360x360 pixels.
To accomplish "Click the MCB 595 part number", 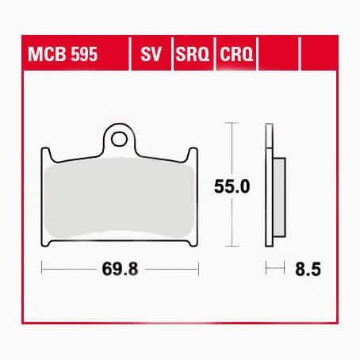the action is [63, 54].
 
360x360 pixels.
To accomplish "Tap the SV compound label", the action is [151, 54].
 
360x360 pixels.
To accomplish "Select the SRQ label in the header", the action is [193, 54].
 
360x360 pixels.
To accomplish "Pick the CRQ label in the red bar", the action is [236, 54].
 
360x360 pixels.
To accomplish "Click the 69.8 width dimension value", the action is [120, 269].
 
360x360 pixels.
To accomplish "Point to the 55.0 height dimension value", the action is [232, 186].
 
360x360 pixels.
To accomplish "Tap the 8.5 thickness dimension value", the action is [308, 270].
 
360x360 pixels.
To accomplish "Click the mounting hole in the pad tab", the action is [119, 140].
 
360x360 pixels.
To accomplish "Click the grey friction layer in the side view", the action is [279, 197].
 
